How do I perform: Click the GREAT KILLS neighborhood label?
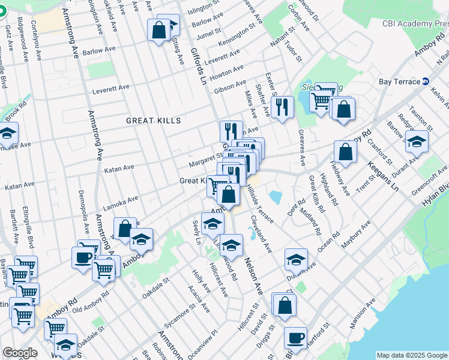pos(153,121)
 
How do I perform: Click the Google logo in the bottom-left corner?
pos(20,353)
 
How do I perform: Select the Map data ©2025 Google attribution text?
pos(412,355)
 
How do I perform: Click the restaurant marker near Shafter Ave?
pos(282,107)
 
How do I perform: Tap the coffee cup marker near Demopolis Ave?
pos(83,256)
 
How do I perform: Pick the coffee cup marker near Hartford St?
pos(295,337)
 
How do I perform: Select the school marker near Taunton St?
pos(416,142)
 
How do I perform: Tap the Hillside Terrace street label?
pos(260,203)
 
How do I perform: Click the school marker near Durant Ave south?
pos(296,259)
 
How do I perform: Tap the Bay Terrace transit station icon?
pos(426,81)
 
